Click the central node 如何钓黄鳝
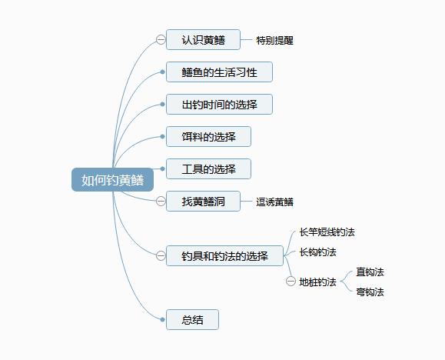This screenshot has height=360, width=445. [x=112, y=180]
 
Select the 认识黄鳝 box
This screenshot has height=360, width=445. [x=203, y=40]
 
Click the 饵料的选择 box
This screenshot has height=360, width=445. [x=208, y=137]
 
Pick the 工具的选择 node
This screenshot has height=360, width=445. [x=208, y=169]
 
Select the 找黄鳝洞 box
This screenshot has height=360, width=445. [x=203, y=202]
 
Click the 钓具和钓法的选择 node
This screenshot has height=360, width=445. [x=224, y=256]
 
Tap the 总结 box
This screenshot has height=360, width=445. [x=192, y=320]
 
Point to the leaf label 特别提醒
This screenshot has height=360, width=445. [x=274, y=40]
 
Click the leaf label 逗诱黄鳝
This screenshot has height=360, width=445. [x=274, y=202]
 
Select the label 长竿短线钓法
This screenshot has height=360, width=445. [x=327, y=232]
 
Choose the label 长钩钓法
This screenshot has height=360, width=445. [x=317, y=252]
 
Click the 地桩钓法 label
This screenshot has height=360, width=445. [x=317, y=282]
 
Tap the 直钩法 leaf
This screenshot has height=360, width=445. [x=370, y=272]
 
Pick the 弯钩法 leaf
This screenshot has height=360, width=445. [x=370, y=292]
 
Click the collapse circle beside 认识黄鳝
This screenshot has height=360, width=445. [x=160, y=40]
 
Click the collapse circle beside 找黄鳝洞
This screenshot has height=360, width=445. [x=160, y=202]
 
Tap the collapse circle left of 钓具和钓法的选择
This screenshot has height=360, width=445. [x=160, y=256]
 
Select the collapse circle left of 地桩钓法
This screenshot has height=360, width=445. [x=291, y=282]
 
